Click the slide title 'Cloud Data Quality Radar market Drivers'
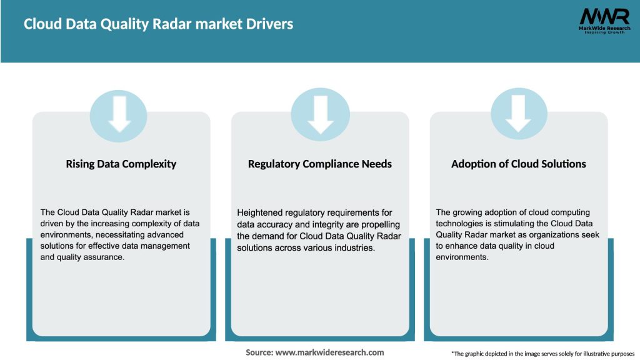[x=158, y=24]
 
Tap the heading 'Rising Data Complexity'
[x=121, y=164]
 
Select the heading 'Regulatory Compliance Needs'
[x=320, y=164]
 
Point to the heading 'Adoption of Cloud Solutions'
[x=519, y=164]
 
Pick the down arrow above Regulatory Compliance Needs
[x=321, y=114]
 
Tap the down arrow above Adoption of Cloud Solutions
[x=519, y=114]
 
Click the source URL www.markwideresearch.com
[x=329, y=352]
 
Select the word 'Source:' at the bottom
[x=259, y=352]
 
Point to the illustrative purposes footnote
[x=542, y=354]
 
